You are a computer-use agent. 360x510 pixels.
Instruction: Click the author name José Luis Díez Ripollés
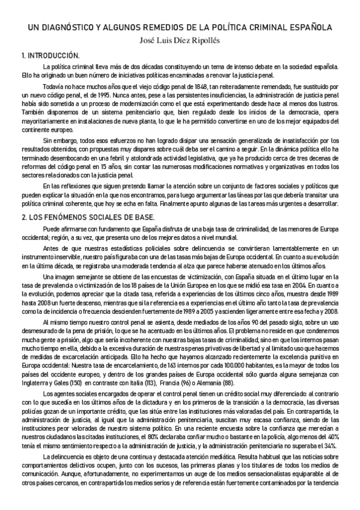click(x=180, y=41)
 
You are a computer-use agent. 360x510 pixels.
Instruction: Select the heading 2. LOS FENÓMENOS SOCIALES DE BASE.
click(x=88, y=217)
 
